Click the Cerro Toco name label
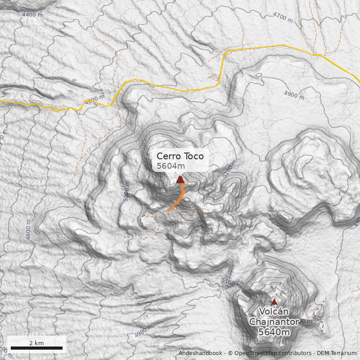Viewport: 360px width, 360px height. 180,157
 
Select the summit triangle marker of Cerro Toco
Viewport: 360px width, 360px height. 180,180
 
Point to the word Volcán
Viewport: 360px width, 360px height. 274,312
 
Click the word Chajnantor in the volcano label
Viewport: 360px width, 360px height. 274,322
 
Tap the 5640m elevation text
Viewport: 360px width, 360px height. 274,332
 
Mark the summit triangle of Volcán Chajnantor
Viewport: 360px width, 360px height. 274,301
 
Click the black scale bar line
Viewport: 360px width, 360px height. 36,348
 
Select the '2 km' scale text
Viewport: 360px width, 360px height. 36,343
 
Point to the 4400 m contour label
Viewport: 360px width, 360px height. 32,14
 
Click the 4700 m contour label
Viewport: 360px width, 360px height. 283,18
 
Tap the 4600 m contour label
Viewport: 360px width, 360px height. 29,229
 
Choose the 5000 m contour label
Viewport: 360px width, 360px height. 126,191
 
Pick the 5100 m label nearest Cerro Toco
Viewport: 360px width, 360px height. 229,169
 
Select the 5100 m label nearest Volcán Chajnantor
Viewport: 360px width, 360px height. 231,282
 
